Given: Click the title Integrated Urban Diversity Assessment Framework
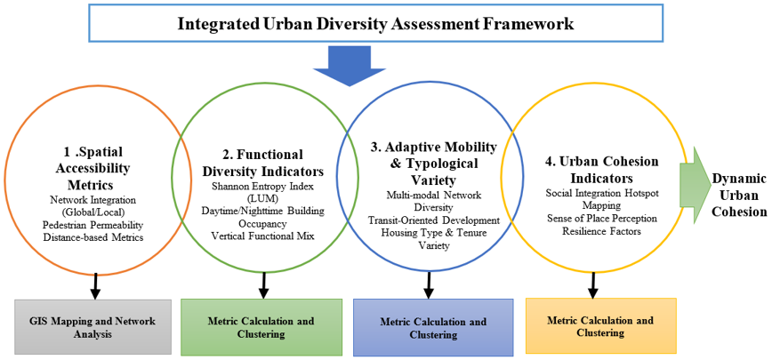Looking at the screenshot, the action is coord(375,24).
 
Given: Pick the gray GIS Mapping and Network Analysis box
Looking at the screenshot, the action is coord(93,326).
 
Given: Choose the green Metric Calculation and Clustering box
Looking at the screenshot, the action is coord(261,326).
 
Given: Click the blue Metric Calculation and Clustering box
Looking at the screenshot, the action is coord(433,327).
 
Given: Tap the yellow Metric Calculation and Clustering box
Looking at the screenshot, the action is coord(600,325).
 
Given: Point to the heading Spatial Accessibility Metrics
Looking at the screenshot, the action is coord(92,168).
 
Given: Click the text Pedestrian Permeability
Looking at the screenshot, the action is coord(93,225).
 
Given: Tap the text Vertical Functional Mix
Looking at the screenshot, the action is coord(263,236).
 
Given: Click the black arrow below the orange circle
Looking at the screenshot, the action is coord(95,284).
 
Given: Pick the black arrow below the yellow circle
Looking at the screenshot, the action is coord(593,284).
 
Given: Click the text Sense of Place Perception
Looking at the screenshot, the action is coord(601,218).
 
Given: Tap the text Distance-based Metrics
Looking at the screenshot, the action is coord(93,238).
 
